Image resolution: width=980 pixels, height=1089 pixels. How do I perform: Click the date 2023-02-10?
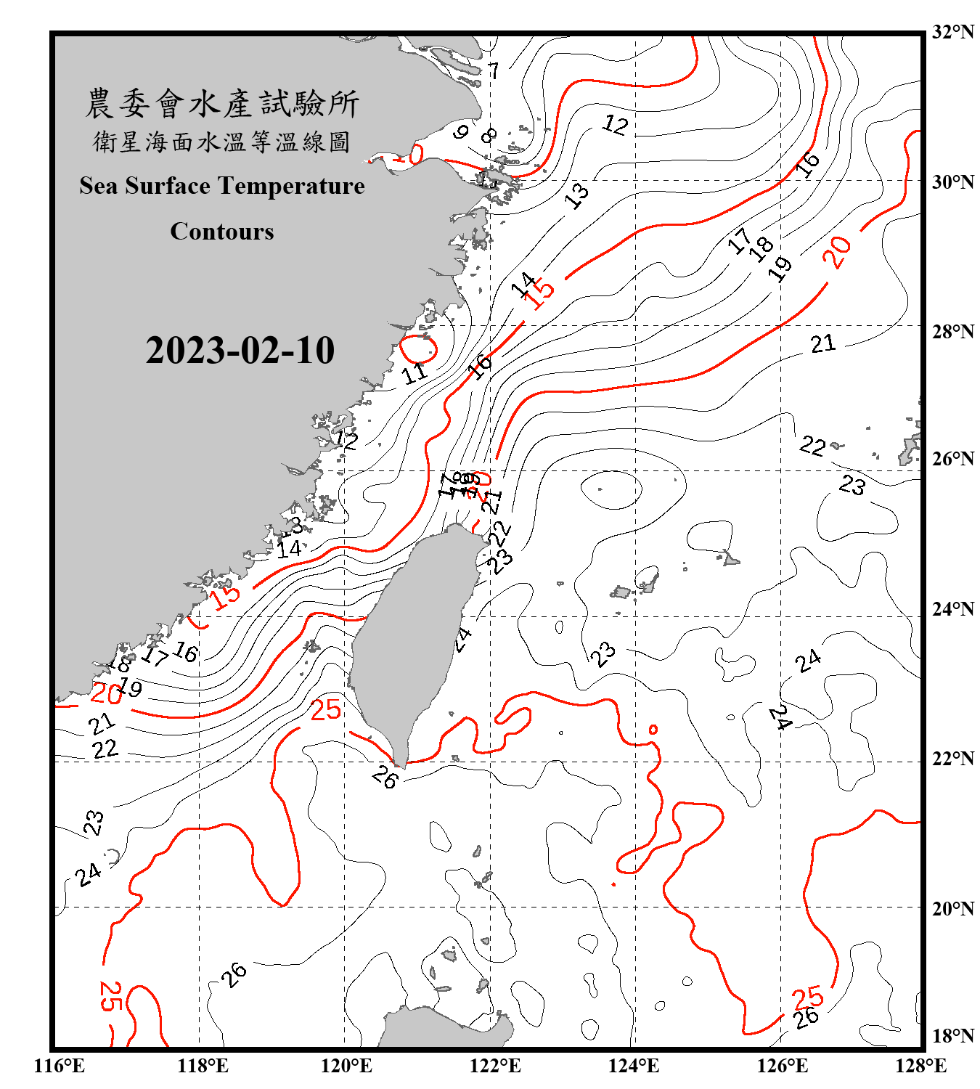pyautogui.click(x=240, y=351)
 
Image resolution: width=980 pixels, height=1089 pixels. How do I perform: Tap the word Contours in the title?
pyautogui.click(x=222, y=232)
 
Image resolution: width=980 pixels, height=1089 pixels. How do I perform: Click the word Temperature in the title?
pyautogui.click(x=290, y=187)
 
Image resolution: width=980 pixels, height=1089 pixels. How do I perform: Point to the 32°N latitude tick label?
pyautogui.click(x=952, y=31)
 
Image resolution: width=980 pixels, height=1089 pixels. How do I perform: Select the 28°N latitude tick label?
pyautogui.click(x=952, y=331)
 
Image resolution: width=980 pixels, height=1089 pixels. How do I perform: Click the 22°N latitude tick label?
pyautogui.click(x=952, y=758)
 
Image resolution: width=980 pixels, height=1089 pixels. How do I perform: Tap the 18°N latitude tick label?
pyautogui.click(x=952, y=1035)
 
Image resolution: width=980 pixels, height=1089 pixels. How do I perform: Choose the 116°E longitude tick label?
pyautogui.click(x=60, y=1066)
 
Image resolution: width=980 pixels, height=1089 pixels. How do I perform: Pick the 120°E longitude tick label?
pyautogui.click(x=346, y=1066)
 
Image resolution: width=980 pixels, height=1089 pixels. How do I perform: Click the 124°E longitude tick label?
pyautogui.click(x=634, y=1066)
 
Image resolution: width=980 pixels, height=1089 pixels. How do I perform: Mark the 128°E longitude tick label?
pyautogui.click(x=920, y=1066)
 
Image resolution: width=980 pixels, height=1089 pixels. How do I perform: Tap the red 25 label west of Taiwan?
pyautogui.click(x=325, y=709)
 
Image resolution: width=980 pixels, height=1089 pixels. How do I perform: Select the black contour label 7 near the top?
pyautogui.click(x=494, y=71)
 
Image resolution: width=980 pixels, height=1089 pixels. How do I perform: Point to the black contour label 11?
pyautogui.click(x=415, y=373)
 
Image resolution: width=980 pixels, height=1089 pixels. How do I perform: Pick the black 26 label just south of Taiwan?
pyautogui.click(x=385, y=778)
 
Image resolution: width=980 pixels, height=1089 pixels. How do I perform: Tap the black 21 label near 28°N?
pyautogui.click(x=822, y=343)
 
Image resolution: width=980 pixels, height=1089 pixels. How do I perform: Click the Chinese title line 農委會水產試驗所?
pyautogui.click(x=222, y=104)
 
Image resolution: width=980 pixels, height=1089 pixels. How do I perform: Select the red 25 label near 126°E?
pyautogui.click(x=807, y=998)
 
